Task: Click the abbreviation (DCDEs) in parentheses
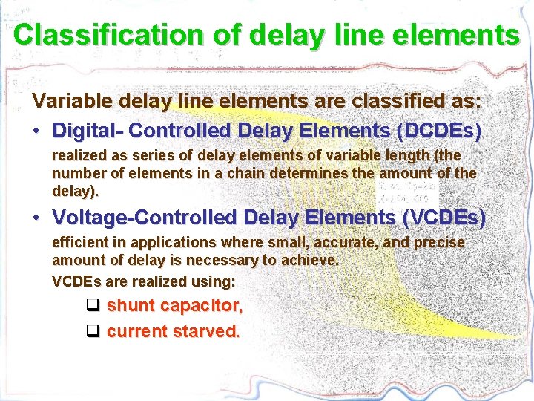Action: coord(440,131)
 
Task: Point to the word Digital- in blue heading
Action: coord(88,131)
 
